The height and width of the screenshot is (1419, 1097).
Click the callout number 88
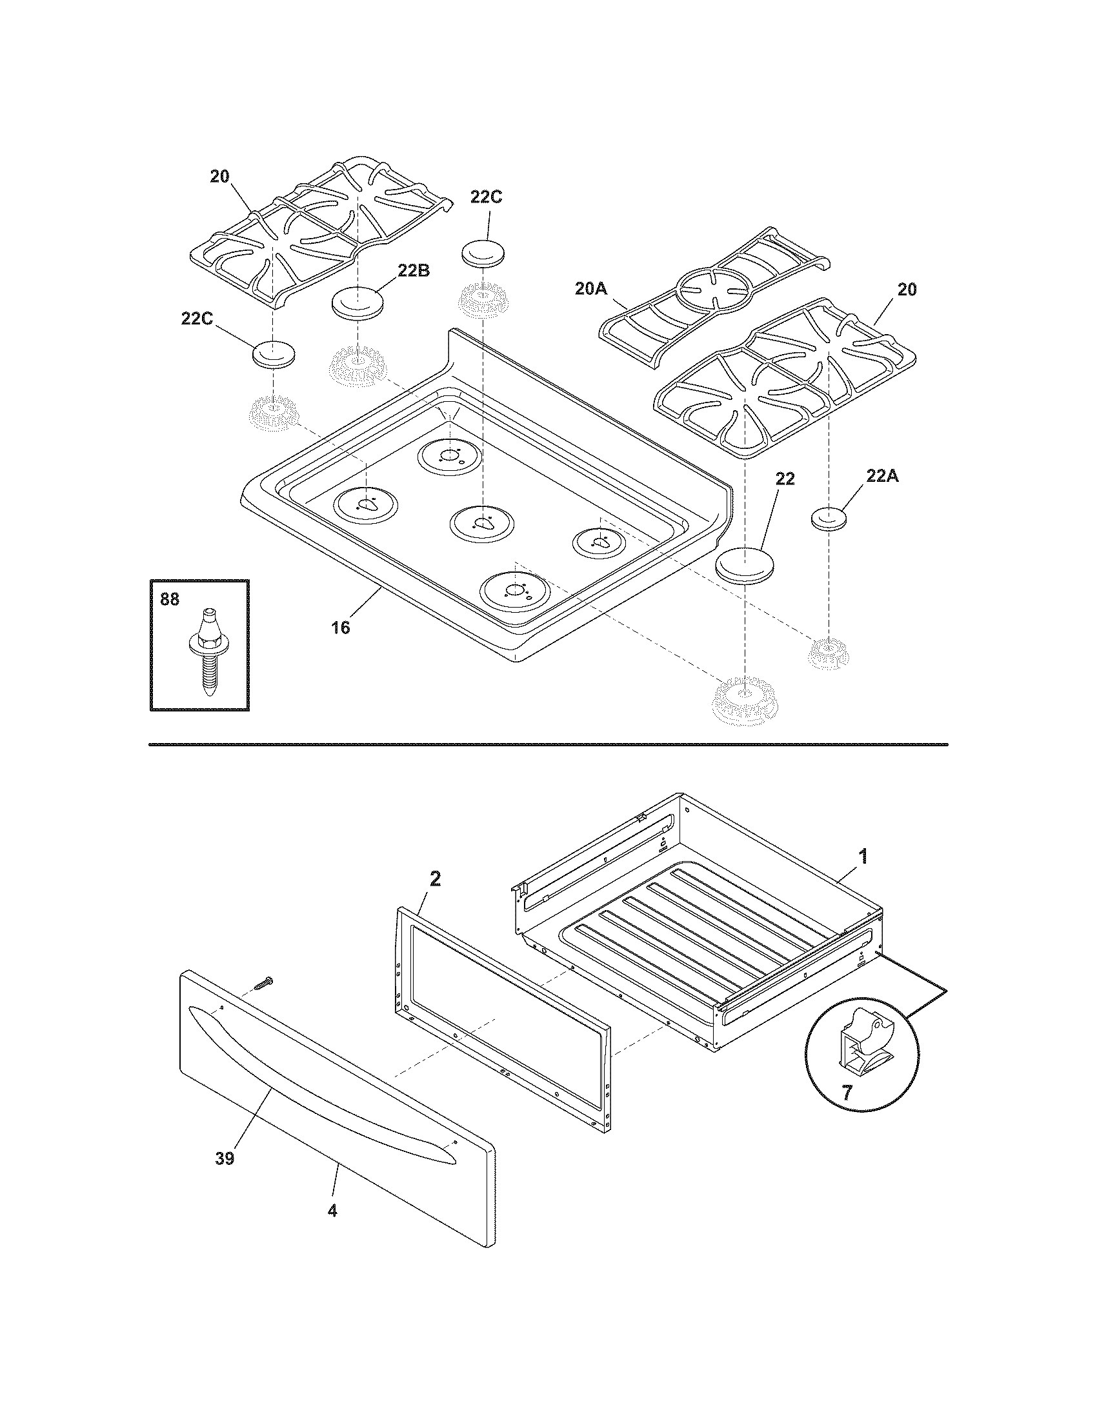tap(169, 599)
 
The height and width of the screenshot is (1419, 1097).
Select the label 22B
tap(414, 272)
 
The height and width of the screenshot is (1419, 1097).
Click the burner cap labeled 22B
tap(357, 303)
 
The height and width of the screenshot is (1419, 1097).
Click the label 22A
tap(882, 476)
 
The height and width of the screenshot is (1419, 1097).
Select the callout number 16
tap(340, 628)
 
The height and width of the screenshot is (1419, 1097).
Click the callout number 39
tap(224, 1158)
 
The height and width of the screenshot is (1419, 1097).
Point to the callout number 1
tap(863, 857)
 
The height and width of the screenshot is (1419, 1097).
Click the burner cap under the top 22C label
tap(484, 252)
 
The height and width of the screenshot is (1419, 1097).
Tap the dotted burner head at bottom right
tap(744, 700)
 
